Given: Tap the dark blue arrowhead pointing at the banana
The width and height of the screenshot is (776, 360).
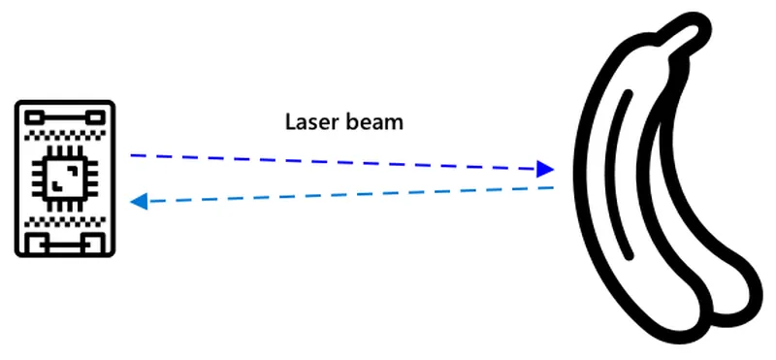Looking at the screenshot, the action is pyautogui.click(x=545, y=169).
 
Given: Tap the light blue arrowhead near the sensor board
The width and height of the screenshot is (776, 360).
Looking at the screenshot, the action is pyautogui.click(x=139, y=202).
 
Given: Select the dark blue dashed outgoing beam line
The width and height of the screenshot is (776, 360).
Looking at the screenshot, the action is pyautogui.click(x=342, y=162).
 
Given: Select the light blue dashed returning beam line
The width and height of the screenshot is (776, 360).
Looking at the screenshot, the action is pyautogui.click(x=341, y=195).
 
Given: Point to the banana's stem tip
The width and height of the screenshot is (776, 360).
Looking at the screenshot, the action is pyautogui.click(x=692, y=26).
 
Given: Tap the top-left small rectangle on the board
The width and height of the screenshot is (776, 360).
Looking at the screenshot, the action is pyautogui.click(x=35, y=117).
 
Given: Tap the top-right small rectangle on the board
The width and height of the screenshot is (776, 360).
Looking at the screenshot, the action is pyautogui.click(x=94, y=117).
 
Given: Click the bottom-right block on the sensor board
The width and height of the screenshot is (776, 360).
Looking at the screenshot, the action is pyautogui.click(x=93, y=244).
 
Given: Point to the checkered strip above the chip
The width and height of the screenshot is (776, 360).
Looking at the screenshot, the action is pyautogui.click(x=65, y=134).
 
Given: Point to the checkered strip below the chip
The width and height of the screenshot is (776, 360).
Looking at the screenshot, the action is pyautogui.click(x=65, y=221).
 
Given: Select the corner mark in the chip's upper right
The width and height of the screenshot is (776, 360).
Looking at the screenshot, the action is pyautogui.click(x=74, y=170).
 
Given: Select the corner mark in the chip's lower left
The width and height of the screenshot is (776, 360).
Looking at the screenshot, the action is pyautogui.click(x=57, y=186).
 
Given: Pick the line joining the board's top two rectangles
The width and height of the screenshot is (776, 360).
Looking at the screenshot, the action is pyautogui.click(x=65, y=117).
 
